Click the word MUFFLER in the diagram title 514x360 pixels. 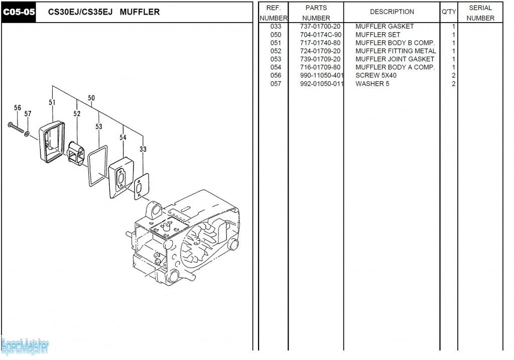point(140,12)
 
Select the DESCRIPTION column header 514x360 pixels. point(392,12)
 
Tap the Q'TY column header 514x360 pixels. point(448,12)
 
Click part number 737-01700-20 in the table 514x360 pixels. point(316,26)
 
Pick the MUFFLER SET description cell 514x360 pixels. point(377,35)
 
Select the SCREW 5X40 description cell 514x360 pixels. point(375,75)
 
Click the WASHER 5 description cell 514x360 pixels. point(372,84)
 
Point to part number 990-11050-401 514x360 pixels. point(318,75)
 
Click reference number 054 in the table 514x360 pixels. point(276,67)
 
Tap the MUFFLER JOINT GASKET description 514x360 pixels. point(395,59)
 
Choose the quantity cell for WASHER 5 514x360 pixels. point(453,84)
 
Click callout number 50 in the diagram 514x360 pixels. point(91,98)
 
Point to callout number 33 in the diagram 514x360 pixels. point(143,149)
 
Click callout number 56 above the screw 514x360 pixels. point(18,108)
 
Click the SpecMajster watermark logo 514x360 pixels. point(25,346)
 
